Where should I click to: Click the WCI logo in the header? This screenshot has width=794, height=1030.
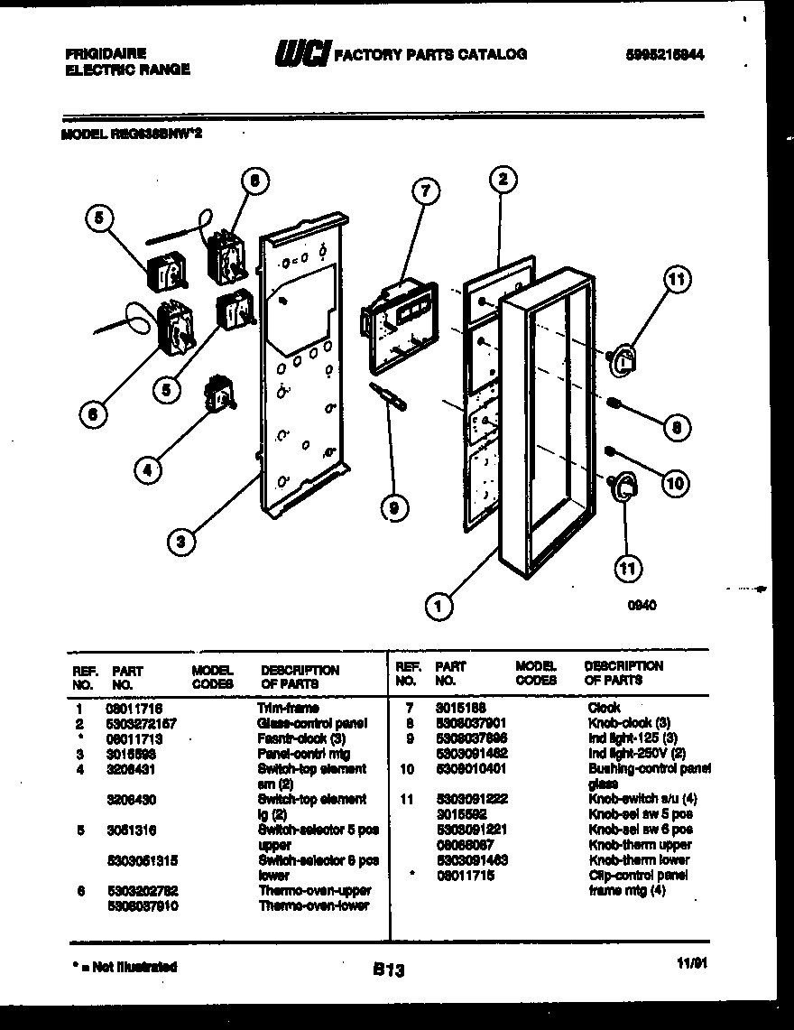coord(300,56)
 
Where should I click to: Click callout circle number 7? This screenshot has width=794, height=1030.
coord(425,190)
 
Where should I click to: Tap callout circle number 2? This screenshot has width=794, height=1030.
coord(503,179)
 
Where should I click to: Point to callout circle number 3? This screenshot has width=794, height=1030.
coord(181,542)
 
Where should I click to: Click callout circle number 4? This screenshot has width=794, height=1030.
coord(150,469)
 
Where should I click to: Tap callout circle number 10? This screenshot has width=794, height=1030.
coord(673,483)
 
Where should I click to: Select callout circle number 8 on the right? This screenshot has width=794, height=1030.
coord(674,428)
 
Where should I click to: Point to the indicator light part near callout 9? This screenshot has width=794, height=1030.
coord(384,395)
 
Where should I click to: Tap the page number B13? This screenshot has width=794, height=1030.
coord(388,971)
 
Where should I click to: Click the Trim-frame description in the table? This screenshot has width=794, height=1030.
coord(288,709)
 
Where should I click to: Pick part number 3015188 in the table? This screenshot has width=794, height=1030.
coord(460,707)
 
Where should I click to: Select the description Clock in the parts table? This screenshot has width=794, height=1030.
coord(603,707)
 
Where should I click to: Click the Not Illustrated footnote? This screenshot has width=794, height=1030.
coord(123,967)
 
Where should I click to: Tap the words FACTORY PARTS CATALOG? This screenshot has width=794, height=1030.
coord(430,55)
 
